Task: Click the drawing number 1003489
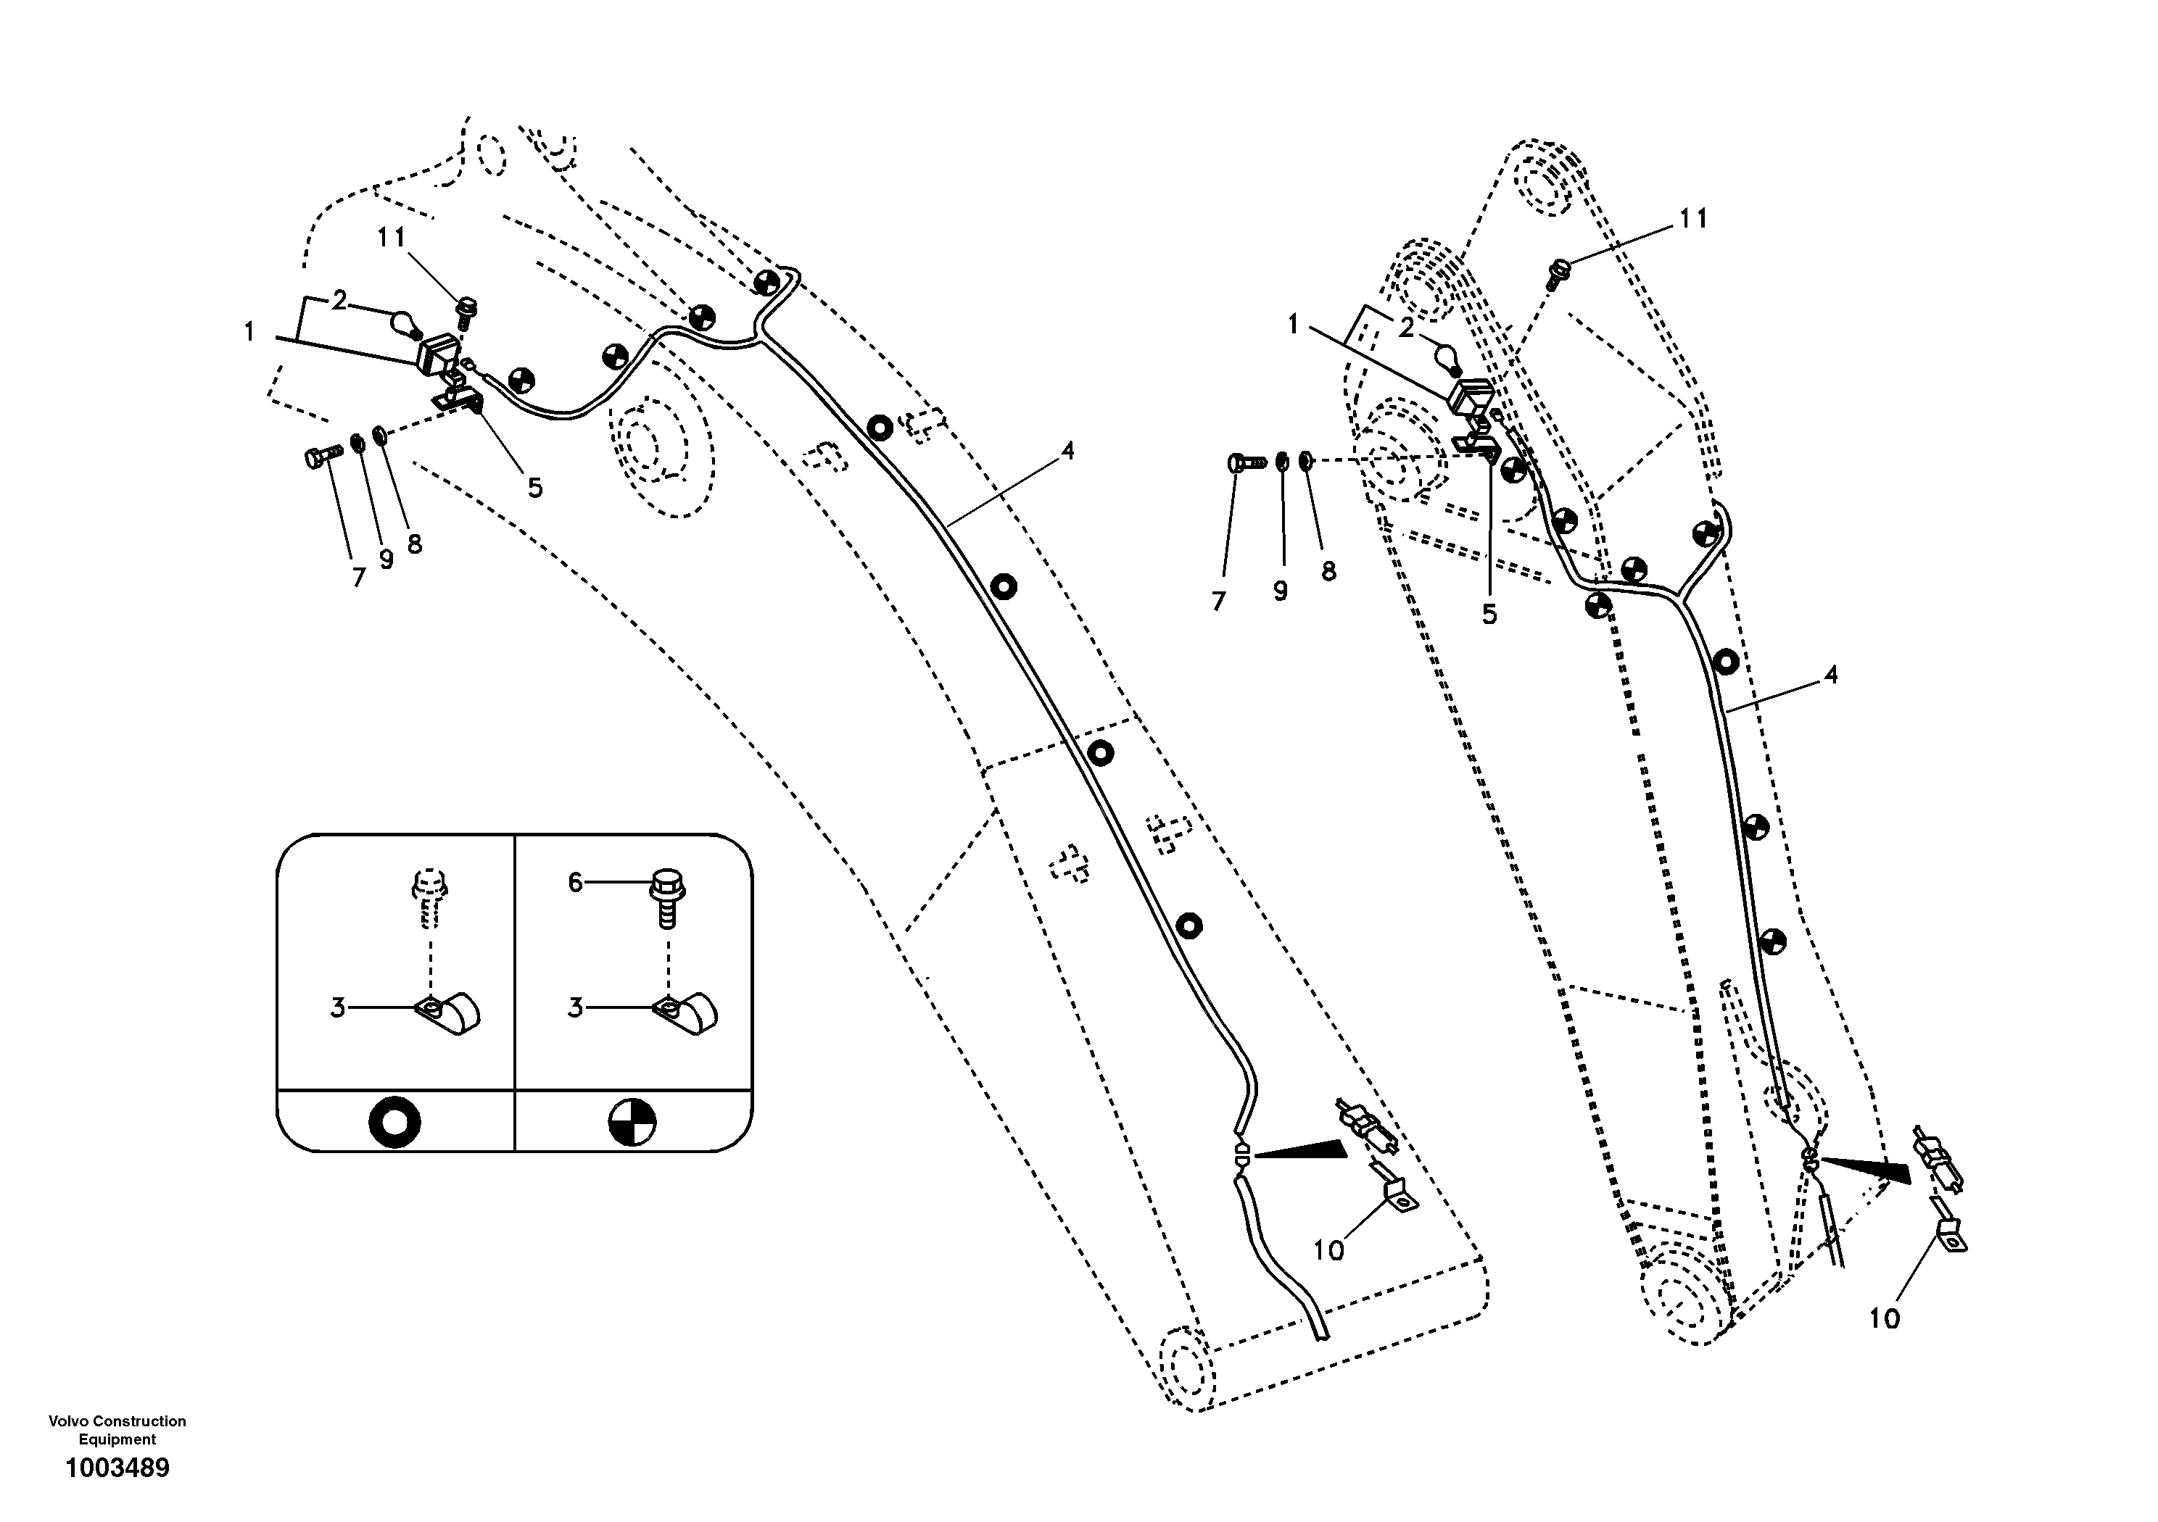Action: coord(117,1468)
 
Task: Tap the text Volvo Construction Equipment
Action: coord(117,1430)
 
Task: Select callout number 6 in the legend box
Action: coord(575,882)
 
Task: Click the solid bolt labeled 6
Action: coord(666,897)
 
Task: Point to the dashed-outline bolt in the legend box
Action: coord(429,897)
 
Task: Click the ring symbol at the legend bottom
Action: coord(394,1122)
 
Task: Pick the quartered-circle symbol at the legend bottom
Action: coord(632,1122)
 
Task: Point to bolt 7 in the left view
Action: coord(320,459)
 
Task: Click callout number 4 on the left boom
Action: coord(1067,452)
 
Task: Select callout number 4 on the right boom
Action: coord(1830,675)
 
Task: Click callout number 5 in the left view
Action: coord(534,488)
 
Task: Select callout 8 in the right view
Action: coord(1328,571)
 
